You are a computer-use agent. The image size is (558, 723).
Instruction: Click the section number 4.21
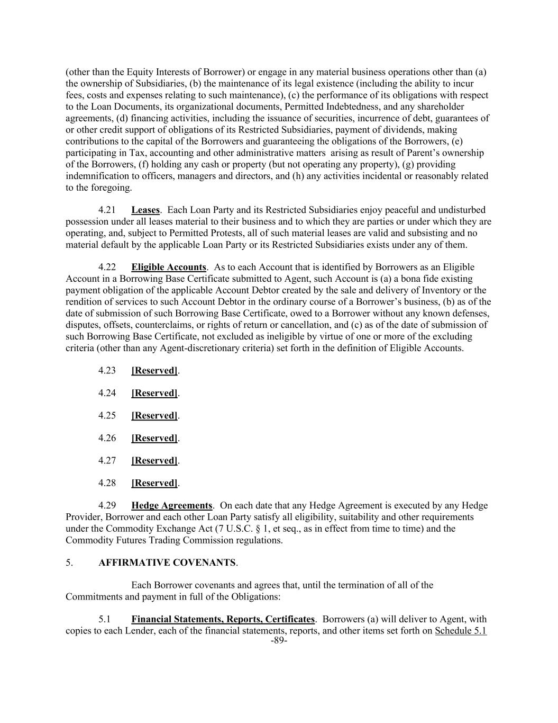(x=107, y=210)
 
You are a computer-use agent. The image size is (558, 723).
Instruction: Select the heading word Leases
(x=145, y=210)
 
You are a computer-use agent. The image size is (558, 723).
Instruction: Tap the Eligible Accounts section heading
(x=169, y=267)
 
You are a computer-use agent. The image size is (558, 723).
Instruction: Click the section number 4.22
(x=107, y=267)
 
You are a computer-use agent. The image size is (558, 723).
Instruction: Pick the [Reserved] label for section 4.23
(x=154, y=371)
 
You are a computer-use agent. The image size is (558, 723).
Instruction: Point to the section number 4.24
(x=107, y=393)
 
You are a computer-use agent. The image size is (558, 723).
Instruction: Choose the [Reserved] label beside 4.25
(x=154, y=416)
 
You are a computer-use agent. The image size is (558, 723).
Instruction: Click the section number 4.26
(x=107, y=438)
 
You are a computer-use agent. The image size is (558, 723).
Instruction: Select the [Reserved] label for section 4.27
(x=154, y=461)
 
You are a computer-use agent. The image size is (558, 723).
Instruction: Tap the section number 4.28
(x=107, y=483)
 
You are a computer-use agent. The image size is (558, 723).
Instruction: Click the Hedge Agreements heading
(x=172, y=506)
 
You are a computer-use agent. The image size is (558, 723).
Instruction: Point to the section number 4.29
(x=107, y=506)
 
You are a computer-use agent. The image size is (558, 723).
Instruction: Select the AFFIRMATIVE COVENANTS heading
(x=167, y=563)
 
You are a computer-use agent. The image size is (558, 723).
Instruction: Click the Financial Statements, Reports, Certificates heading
(x=223, y=619)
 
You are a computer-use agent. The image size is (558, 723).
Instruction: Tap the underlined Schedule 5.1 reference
(x=461, y=631)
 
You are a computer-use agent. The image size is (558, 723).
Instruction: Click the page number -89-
(x=279, y=640)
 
